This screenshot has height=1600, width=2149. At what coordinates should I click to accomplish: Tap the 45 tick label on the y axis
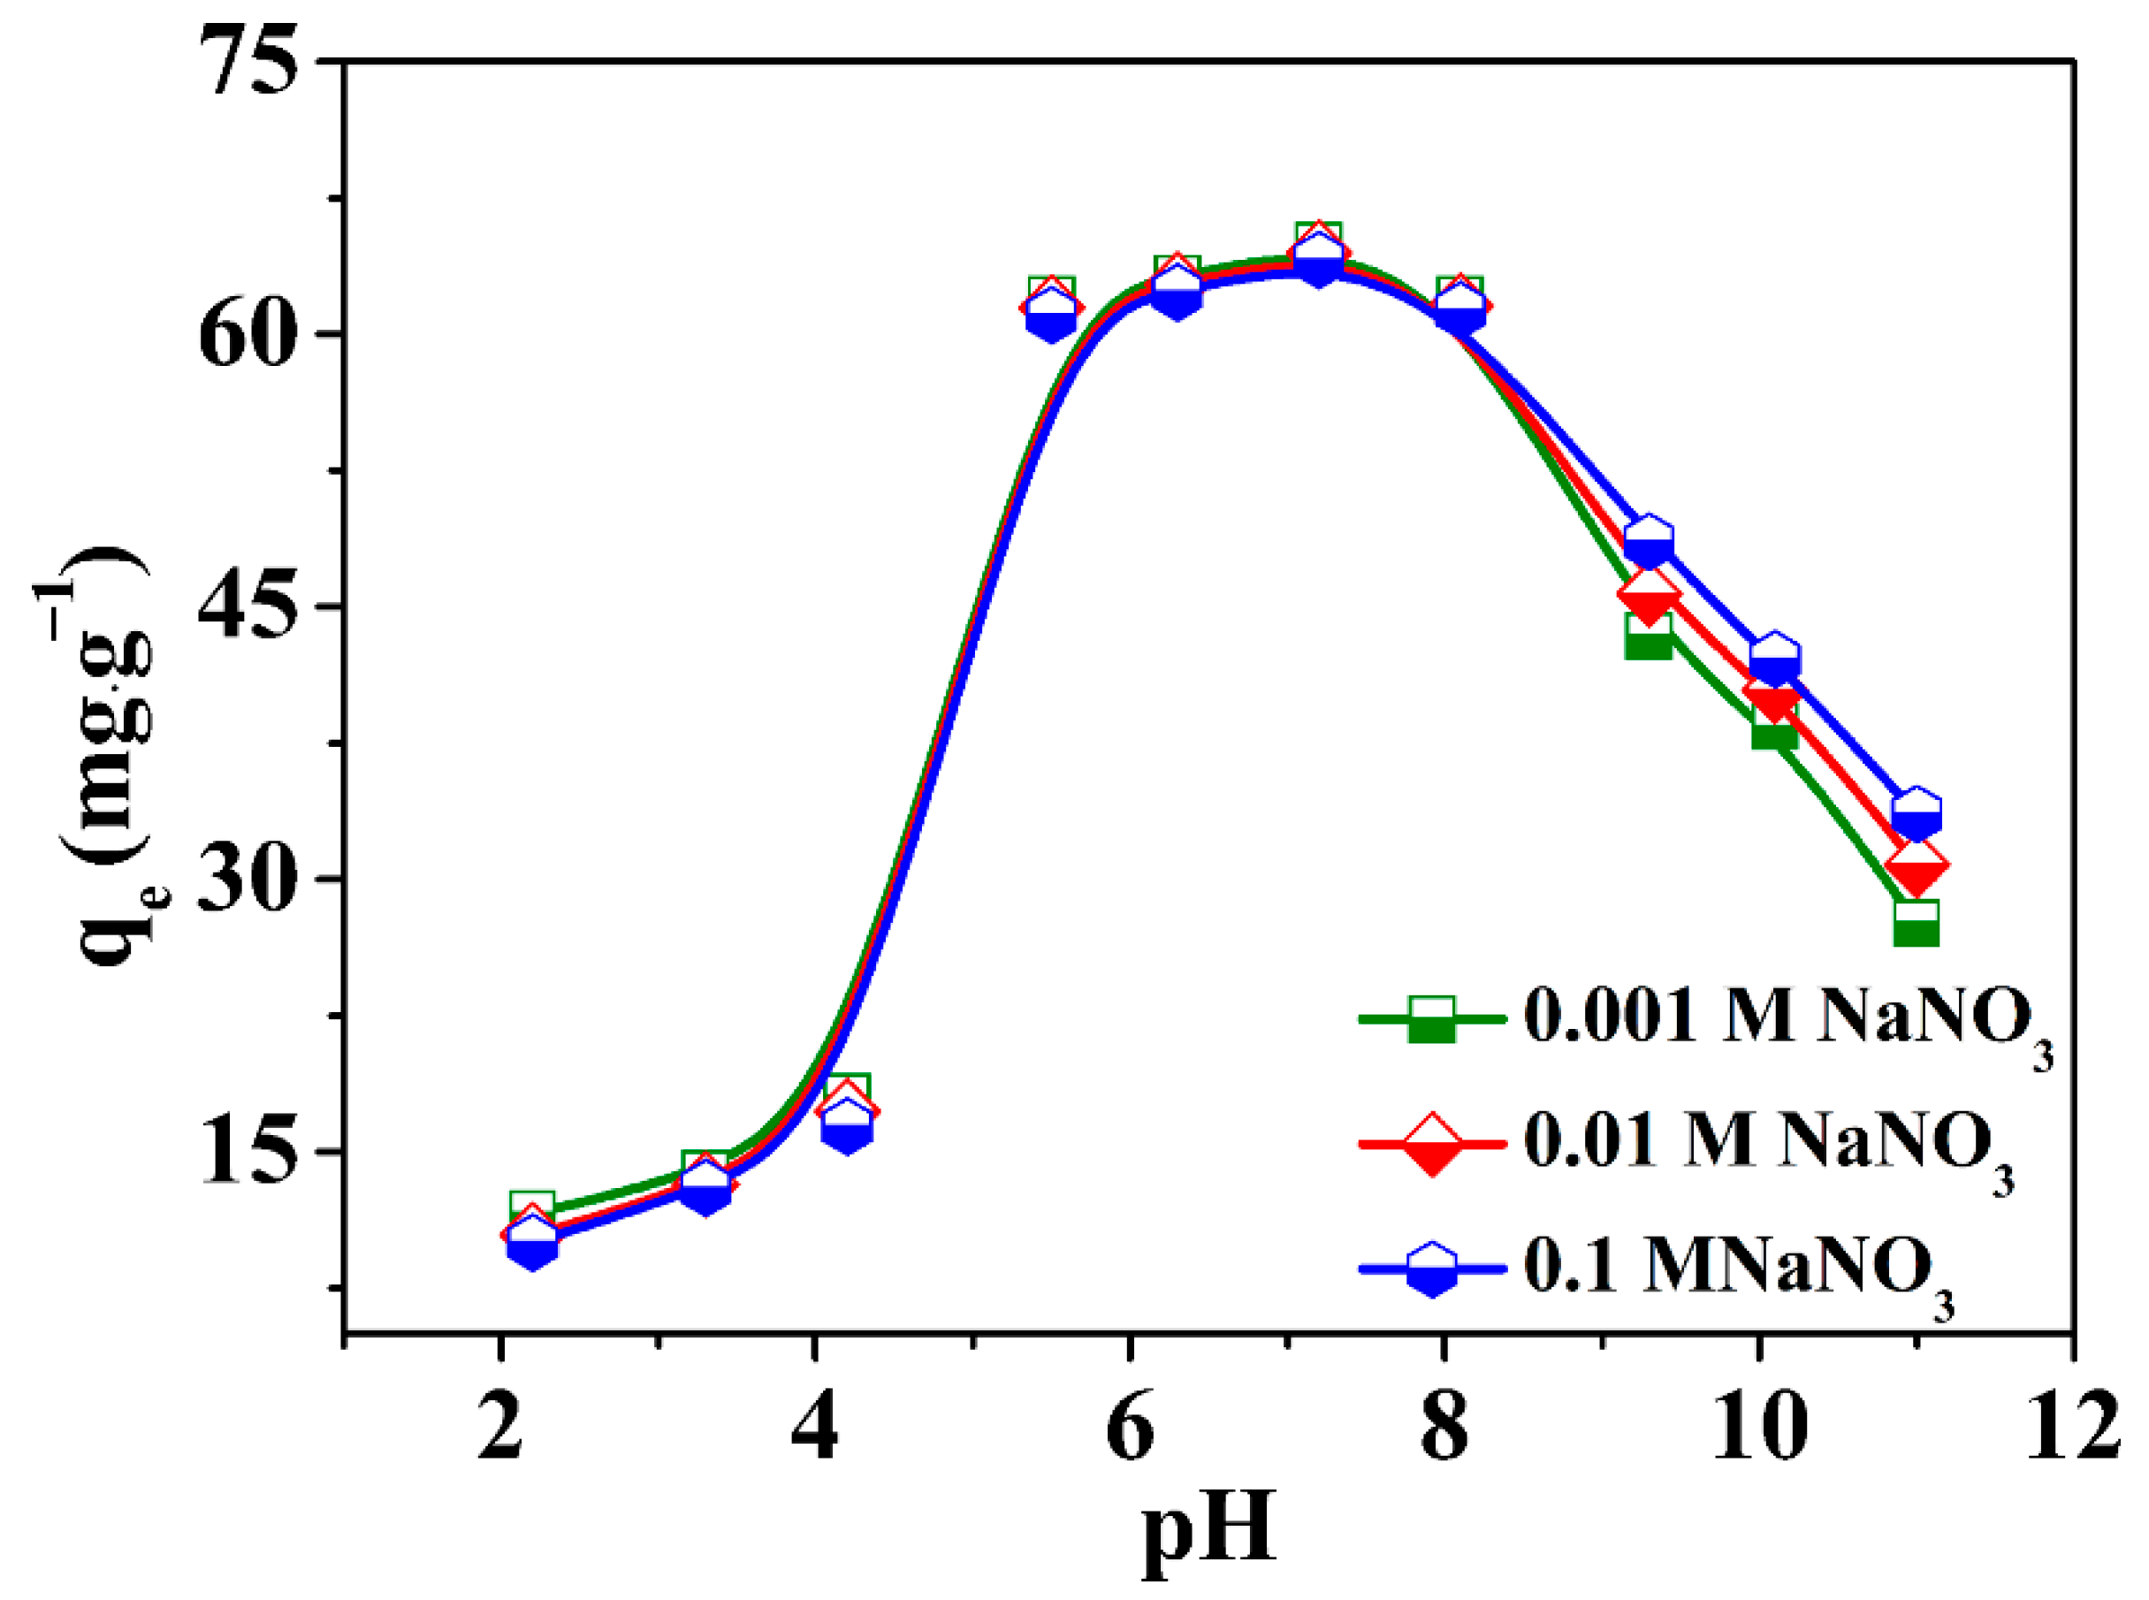click(x=246, y=607)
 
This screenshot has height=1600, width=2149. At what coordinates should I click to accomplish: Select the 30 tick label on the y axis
click(x=246, y=880)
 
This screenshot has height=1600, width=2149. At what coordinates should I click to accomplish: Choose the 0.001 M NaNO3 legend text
click(x=1787, y=1021)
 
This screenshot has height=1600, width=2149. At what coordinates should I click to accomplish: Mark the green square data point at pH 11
click(x=1916, y=921)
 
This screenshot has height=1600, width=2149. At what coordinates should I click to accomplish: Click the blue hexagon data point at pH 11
click(x=1916, y=813)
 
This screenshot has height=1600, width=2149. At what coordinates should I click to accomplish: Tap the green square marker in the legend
click(x=1431, y=1019)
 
